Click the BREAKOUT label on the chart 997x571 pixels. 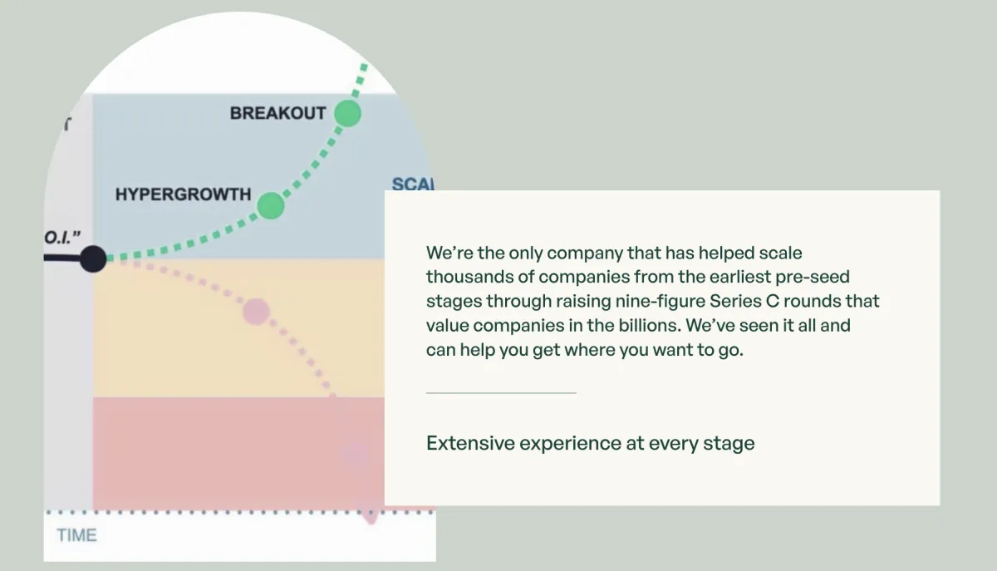click(277, 113)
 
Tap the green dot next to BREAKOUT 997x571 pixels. click(347, 113)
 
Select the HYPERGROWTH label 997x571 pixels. click(183, 194)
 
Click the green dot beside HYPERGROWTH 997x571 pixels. click(271, 205)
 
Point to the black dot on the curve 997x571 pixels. click(93, 259)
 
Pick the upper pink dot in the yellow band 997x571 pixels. click(256, 312)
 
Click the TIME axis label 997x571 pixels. click(76, 535)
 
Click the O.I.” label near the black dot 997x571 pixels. click(62, 239)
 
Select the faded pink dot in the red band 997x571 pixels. click(355, 455)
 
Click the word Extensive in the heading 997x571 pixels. click(470, 443)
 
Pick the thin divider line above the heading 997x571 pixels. click(501, 392)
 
